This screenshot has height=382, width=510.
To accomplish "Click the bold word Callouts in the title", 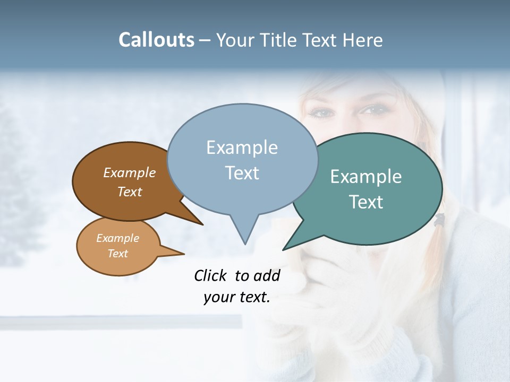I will pos(156,40).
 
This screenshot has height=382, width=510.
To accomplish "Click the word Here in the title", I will pos(363,40).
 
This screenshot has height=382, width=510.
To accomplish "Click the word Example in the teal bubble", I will pos(365,177).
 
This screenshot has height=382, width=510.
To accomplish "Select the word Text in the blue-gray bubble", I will pos(242,173).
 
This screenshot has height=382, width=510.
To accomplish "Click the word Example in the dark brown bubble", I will pos(129,172).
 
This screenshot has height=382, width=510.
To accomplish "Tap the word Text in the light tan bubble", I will pos(118,254).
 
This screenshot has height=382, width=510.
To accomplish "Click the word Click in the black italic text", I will pos(211,275).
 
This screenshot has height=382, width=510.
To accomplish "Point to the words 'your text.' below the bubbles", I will pos(236,297).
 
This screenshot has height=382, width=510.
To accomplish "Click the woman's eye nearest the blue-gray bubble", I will pos(320,113).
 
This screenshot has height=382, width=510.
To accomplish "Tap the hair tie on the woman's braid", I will pos(439,220).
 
